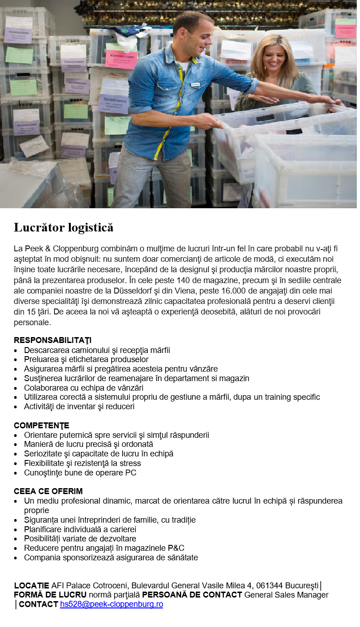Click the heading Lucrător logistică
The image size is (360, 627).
(x=63, y=227)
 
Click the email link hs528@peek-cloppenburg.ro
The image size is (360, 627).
(x=111, y=604)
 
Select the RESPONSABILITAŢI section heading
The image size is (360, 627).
(x=53, y=340)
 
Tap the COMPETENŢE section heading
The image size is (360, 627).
(x=41, y=425)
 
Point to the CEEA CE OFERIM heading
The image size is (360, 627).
(x=48, y=491)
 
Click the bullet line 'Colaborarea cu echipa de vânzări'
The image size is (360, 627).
(x=84, y=388)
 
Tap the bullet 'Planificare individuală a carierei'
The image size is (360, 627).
(x=80, y=529)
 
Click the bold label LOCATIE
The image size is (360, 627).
(x=32, y=585)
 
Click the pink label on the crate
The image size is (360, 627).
(x=122, y=59)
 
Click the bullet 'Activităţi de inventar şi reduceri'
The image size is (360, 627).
(x=79, y=407)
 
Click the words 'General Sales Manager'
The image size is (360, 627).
(x=286, y=595)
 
